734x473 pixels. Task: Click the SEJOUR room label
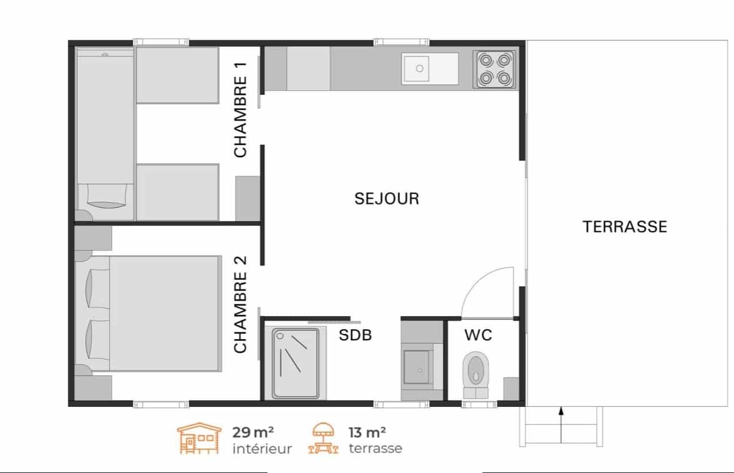(387, 198)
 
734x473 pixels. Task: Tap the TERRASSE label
(625, 227)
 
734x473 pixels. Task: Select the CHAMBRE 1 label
(240, 110)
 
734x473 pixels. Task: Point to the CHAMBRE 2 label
(240, 304)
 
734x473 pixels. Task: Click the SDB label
(355, 335)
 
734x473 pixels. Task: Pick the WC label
(478, 335)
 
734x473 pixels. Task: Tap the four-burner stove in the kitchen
(495, 70)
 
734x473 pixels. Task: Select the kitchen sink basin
(416, 69)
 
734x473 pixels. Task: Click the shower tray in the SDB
(296, 363)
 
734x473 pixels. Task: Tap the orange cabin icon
(199, 439)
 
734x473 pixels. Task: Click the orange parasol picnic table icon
(323, 439)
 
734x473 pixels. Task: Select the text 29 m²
(253, 432)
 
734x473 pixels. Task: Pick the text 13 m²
(367, 432)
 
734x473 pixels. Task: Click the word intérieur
(262, 449)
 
